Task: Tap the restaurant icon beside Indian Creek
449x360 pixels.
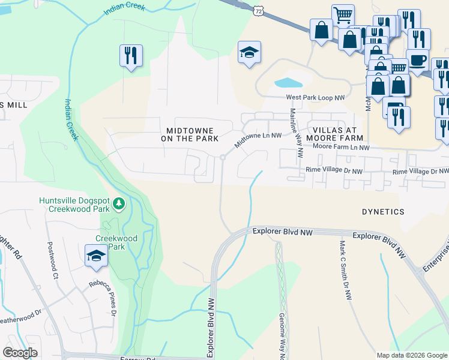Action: coord(130,56)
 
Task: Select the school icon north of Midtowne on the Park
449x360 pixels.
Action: coord(249,52)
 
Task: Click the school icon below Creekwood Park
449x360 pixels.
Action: coord(96,256)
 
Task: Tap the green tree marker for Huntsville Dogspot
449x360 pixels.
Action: coord(119,205)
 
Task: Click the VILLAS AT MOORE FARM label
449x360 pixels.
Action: coord(334,134)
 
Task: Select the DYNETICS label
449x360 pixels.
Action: coord(383,212)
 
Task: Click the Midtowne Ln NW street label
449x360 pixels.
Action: coord(258,140)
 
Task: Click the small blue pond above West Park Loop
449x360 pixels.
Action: coord(288,83)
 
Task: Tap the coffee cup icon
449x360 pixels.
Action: coord(417,60)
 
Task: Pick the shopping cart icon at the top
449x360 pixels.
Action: coord(343,15)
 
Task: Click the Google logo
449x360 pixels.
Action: coord(20,353)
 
